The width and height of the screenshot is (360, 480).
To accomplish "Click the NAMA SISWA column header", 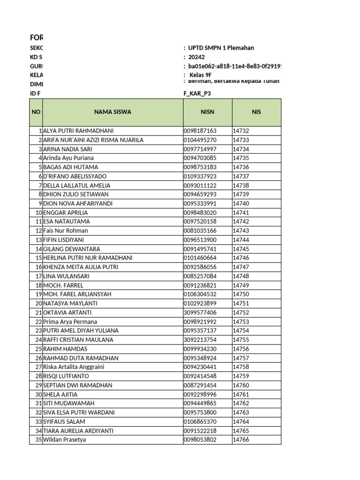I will (112, 112).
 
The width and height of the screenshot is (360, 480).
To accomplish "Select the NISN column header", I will (207, 112).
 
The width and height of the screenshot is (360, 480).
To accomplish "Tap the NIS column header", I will (256, 112).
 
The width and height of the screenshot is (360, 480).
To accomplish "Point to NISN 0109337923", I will (200, 176).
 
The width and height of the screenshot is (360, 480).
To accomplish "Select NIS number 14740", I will (241, 203).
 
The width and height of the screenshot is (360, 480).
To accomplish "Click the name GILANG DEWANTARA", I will (71, 249).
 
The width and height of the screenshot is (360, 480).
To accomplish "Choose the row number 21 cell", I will (38, 313).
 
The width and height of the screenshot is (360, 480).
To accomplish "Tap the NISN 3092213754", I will (200, 340).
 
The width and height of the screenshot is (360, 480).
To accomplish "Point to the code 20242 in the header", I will (197, 57).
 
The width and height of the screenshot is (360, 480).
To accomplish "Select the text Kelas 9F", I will (201, 75).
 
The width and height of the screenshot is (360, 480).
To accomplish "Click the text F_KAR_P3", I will (197, 93).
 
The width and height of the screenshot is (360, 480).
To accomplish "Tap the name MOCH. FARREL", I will (63, 285).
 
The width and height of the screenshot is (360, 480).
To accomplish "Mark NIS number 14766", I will (241, 440).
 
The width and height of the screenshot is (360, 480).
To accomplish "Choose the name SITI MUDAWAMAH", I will (68, 404).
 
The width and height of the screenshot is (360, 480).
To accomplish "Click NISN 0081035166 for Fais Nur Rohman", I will (200, 231).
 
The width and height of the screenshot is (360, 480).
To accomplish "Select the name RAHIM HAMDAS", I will (65, 349).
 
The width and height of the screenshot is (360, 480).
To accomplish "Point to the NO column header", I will (36, 112).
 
